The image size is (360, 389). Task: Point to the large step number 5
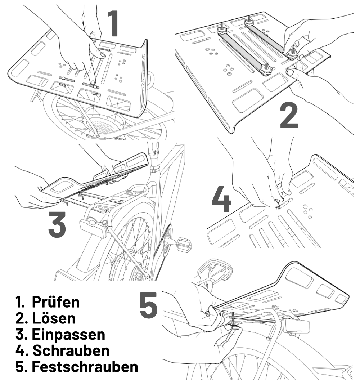148,306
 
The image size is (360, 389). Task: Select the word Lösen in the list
54,318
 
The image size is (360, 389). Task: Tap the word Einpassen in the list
68,334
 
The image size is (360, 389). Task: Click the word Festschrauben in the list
85,367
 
